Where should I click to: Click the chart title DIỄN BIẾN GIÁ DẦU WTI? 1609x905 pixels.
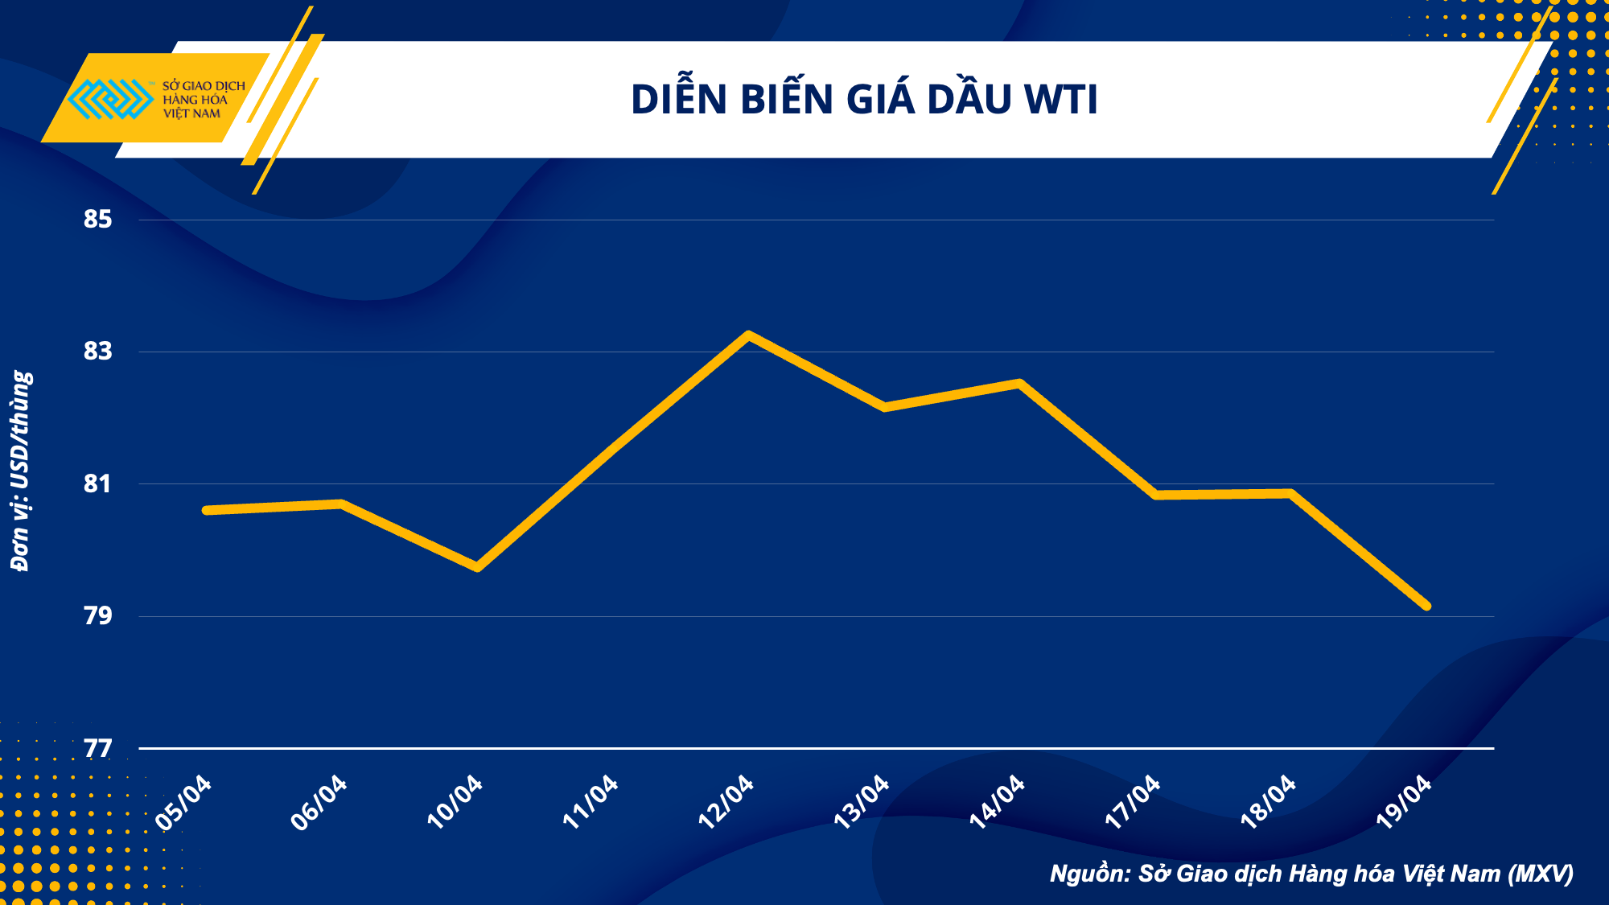pyautogui.click(x=864, y=100)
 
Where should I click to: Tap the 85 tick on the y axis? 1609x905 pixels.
pyautogui.click(x=97, y=219)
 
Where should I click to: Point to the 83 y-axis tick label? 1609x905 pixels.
pyautogui.click(x=97, y=351)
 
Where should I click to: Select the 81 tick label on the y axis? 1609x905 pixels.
pyautogui.click(x=97, y=483)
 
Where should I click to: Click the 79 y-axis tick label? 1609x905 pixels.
pyautogui.click(x=97, y=615)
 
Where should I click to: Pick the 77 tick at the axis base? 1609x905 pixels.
pyautogui.click(x=97, y=748)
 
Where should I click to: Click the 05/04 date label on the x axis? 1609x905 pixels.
pyautogui.click(x=184, y=802)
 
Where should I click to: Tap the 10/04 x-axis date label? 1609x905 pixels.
pyautogui.click(x=455, y=802)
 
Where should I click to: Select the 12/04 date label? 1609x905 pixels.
pyautogui.click(x=726, y=802)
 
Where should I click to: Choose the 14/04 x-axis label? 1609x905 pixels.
pyautogui.click(x=998, y=802)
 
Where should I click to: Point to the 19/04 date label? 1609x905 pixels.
pyautogui.click(x=1405, y=802)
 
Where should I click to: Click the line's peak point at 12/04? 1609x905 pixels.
pyautogui.click(x=749, y=335)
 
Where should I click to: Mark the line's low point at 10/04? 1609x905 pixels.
pyautogui.click(x=478, y=567)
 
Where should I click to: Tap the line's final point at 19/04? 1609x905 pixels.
pyautogui.click(x=1426, y=606)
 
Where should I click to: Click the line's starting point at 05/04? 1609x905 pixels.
pyautogui.click(x=207, y=510)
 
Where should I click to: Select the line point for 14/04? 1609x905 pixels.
pyautogui.click(x=1020, y=384)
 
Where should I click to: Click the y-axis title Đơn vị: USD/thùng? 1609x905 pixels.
pyautogui.click(x=21, y=471)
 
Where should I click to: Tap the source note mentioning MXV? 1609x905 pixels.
pyautogui.click(x=1311, y=874)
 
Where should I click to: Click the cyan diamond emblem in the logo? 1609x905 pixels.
pyautogui.click(x=110, y=99)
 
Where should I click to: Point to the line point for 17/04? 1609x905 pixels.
pyautogui.click(x=1156, y=495)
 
